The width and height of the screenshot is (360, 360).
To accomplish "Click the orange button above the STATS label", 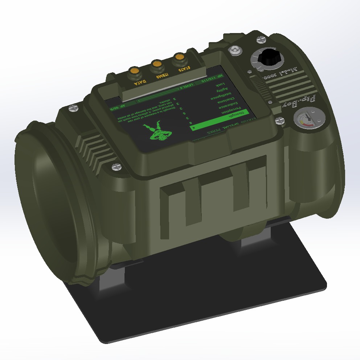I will pyautogui.click(x=179, y=57).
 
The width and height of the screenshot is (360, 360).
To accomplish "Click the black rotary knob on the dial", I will pyautogui.click(x=270, y=57).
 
